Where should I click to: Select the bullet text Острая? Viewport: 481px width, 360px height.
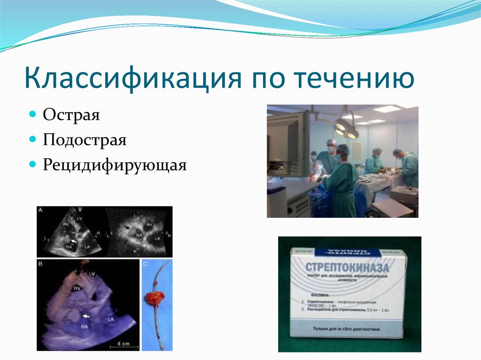point(71,115)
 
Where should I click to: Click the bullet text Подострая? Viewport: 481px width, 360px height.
point(85,140)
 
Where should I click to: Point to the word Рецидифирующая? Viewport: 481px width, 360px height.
point(115,165)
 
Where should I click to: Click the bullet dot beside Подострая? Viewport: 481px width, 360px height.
point(32,140)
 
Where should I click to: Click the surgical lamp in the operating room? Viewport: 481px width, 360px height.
point(345,128)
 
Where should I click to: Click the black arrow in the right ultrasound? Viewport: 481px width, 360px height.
point(126,227)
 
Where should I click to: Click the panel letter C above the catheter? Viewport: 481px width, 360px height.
point(145,263)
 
